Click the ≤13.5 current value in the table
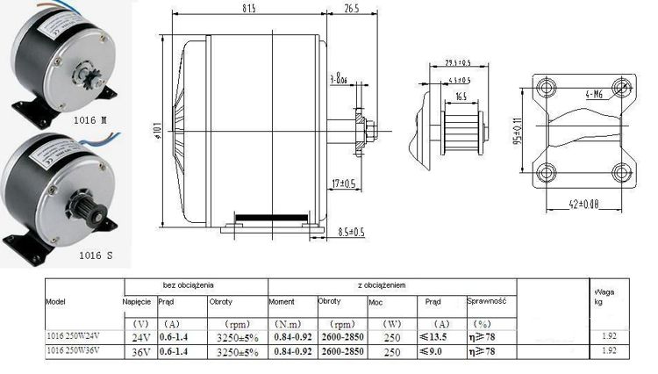(433, 336)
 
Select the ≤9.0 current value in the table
(433, 351)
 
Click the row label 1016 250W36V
(78, 351)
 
